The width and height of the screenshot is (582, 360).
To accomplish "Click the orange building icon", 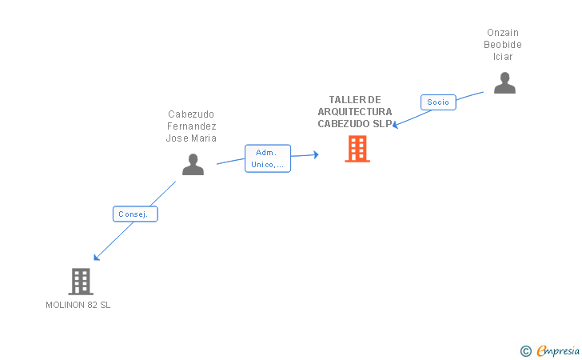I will point(357,149).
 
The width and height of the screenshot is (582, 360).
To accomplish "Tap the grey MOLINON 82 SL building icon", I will point(80,282).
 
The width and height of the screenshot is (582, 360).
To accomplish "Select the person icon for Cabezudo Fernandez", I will point(193,164).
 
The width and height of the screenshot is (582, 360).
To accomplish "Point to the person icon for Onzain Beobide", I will point(504,83).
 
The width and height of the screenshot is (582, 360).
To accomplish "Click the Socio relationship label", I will point(438,102).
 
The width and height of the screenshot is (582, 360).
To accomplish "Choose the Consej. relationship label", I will point(134,214).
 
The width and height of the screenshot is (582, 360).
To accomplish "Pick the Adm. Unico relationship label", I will point(268,158).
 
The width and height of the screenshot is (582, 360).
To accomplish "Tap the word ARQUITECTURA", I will point(355,112).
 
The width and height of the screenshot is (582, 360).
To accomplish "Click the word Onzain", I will point(503,33).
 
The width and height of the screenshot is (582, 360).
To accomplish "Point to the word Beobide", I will point(503,45).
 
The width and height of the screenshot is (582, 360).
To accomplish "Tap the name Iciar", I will point(503,57).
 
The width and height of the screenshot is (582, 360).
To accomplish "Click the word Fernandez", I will point(192,126).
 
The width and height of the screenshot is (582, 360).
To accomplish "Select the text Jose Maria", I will point(192,138).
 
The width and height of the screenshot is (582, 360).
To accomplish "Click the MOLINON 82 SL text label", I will point(78,305).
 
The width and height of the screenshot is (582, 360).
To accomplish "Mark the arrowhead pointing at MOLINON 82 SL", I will point(96,258).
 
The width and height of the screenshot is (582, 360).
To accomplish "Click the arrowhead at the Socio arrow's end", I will point(395,126).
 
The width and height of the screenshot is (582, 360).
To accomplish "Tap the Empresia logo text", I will point(558,350).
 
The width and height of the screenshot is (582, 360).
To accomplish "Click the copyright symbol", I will point(525,350).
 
